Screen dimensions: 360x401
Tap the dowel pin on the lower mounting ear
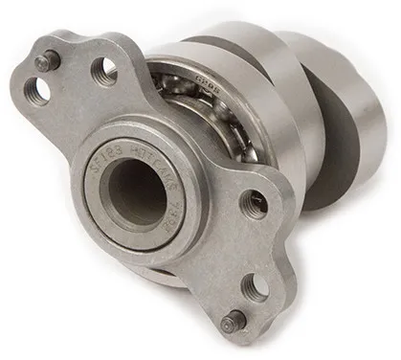click(x=233, y=321)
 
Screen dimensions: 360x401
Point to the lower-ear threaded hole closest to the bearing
click(x=254, y=202)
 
